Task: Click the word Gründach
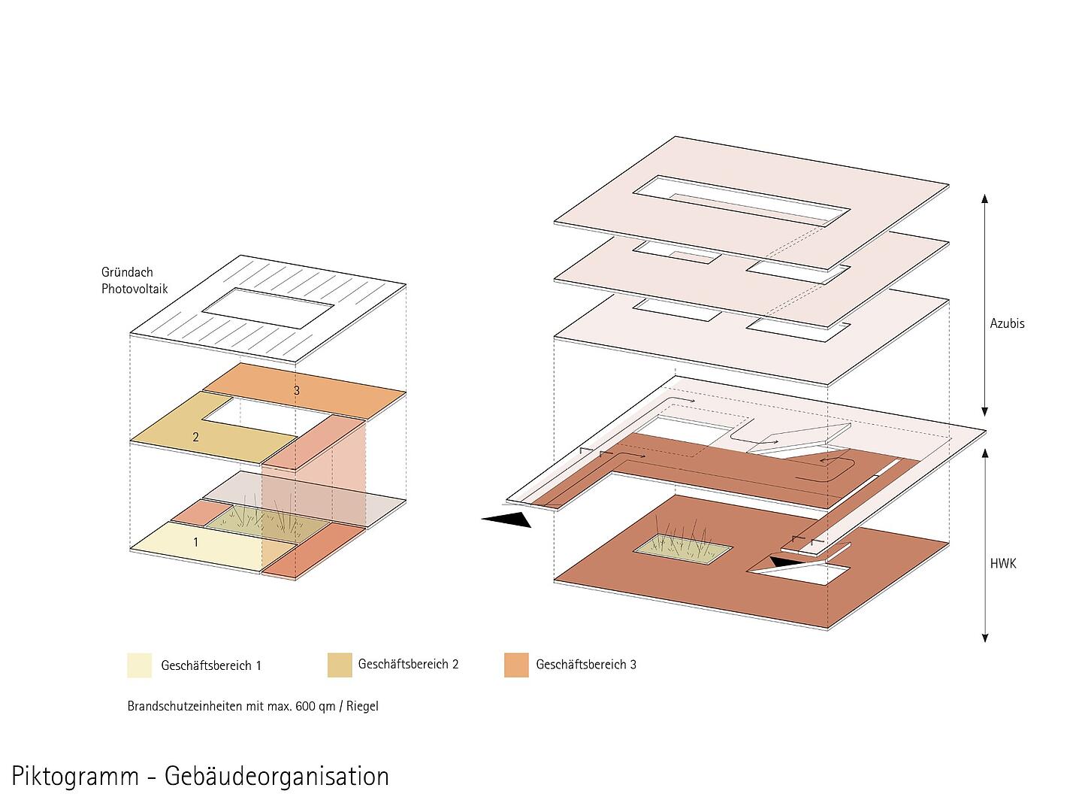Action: click(x=127, y=272)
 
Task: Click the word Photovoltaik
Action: click(x=134, y=289)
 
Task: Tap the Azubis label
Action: click(x=1007, y=323)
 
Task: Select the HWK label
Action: click(x=1002, y=564)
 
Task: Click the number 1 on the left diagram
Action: click(x=195, y=542)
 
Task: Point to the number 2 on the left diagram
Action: click(x=195, y=437)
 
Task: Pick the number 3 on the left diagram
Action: click(x=296, y=390)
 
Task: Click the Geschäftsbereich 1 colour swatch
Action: click(x=140, y=665)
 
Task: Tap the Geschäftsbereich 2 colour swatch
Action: click(x=340, y=665)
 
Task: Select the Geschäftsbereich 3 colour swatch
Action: click(x=516, y=665)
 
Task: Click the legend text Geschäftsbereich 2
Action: click(x=408, y=664)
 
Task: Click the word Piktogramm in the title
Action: click(x=75, y=777)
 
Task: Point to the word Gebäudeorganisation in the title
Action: click(x=277, y=777)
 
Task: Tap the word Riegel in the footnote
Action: click(x=362, y=706)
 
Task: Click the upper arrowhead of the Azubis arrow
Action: click(x=984, y=198)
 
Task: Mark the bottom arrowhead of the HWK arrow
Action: click(x=985, y=638)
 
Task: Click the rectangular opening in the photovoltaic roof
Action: click(x=268, y=308)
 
